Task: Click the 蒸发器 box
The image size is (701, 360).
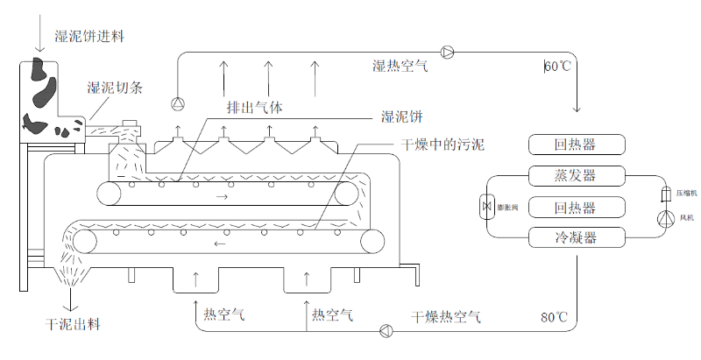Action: click(577, 176)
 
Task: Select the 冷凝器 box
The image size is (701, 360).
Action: click(577, 236)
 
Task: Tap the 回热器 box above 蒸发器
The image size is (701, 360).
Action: click(577, 145)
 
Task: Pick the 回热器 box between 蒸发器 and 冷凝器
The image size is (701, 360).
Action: click(577, 207)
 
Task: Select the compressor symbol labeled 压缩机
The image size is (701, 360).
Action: click(664, 192)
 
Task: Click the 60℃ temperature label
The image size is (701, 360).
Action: click(557, 67)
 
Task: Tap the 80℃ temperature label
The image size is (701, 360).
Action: click(556, 316)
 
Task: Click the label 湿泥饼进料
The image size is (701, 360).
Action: click(89, 36)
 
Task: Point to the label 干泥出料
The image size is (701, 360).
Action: click(73, 325)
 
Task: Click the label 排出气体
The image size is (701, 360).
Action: click(254, 107)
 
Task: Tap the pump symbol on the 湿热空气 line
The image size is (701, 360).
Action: click(449, 52)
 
